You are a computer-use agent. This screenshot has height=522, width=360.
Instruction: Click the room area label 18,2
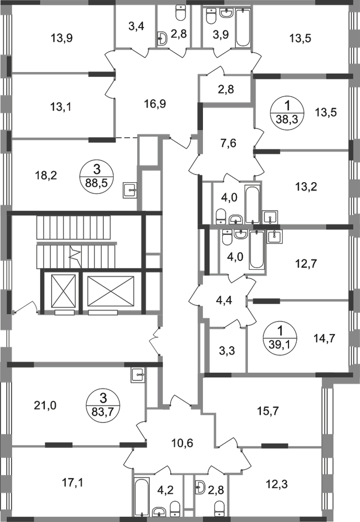click(x=46, y=175)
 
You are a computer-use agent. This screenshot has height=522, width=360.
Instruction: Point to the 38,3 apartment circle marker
click(x=287, y=113)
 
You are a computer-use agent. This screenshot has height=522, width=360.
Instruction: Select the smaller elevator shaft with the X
click(x=64, y=291)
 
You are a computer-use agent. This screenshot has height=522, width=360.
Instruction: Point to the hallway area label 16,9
click(x=155, y=104)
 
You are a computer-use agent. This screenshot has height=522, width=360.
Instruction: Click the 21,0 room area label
click(x=45, y=406)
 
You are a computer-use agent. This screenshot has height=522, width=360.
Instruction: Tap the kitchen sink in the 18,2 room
click(x=130, y=190)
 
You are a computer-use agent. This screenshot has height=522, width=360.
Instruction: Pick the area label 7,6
click(x=228, y=144)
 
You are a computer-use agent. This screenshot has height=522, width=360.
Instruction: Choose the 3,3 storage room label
click(x=227, y=351)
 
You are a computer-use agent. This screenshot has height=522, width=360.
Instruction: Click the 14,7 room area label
click(x=325, y=338)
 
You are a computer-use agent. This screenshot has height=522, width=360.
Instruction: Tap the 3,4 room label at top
click(x=136, y=26)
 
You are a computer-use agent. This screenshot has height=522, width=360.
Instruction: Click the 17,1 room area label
click(x=74, y=482)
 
